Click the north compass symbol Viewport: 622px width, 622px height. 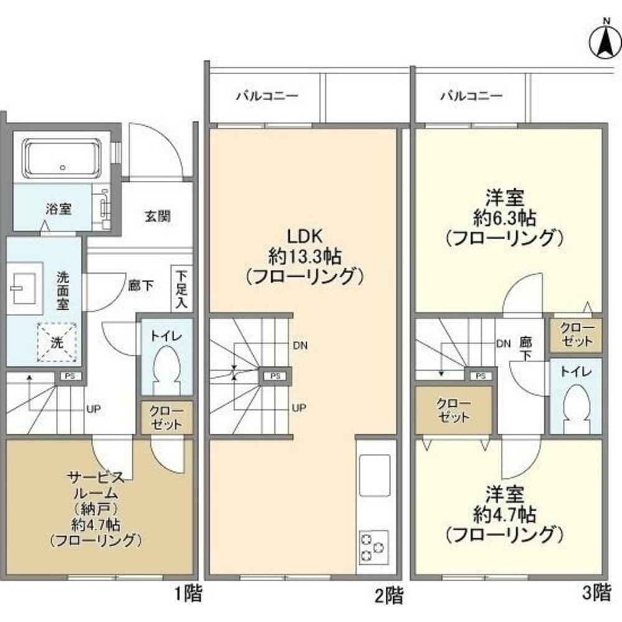click(603, 39)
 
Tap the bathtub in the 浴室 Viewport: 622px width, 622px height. click(63, 158)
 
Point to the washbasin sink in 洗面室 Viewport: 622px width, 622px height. click(24, 287)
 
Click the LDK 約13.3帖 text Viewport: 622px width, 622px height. click(304, 255)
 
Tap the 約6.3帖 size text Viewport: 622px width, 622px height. click(504, 218)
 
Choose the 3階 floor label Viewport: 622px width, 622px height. click(597, 594)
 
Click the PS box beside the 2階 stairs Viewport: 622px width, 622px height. click(274, 376)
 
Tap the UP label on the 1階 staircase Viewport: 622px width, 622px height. click(94, 409)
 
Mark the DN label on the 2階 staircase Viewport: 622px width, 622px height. click(299, 345)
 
